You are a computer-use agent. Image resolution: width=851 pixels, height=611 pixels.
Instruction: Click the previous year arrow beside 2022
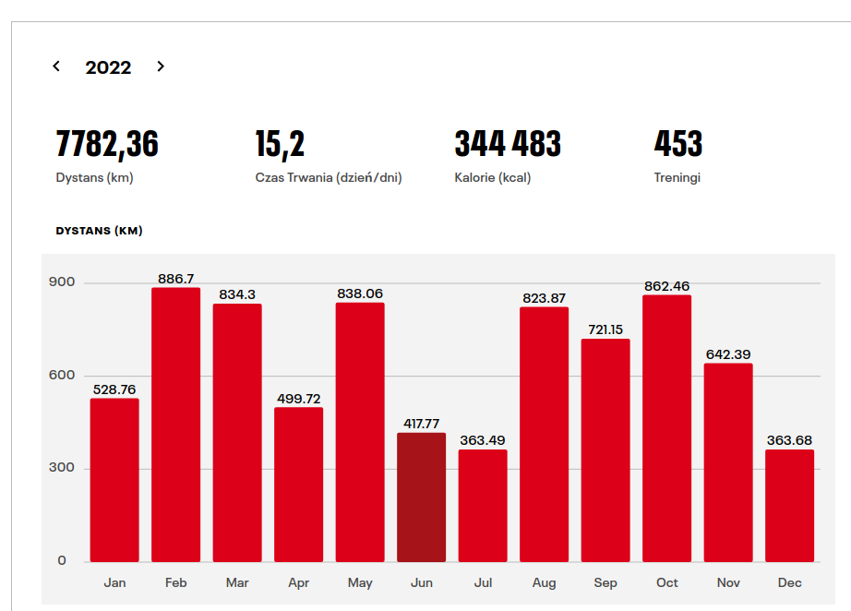point(56,66)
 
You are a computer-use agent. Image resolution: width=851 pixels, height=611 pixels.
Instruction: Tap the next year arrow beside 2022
point(161,66)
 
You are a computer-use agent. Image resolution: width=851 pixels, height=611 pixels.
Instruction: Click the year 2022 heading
point(108,67)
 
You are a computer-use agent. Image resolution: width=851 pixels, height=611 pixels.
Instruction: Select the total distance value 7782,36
point(107,144)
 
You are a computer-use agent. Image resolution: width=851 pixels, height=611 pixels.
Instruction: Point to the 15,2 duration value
point(280,144)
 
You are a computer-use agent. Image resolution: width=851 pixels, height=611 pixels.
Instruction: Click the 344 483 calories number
point(508,144)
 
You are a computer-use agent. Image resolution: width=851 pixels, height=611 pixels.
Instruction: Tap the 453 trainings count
point(678,144)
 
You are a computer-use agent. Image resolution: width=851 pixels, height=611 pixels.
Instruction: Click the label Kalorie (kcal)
point(493,178)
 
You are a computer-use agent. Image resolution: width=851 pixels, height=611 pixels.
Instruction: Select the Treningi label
point(677,178)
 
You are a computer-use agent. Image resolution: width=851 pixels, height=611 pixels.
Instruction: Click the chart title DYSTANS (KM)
point(100,231)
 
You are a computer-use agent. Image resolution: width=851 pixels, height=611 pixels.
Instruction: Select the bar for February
point(175,425)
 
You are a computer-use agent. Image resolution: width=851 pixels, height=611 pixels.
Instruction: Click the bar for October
point(666,428)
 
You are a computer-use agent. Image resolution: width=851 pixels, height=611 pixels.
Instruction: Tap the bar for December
point(789,506)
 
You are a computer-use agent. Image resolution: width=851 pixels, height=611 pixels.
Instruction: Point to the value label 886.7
point(175,278)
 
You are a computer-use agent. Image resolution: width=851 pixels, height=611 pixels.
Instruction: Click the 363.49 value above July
point(483,440)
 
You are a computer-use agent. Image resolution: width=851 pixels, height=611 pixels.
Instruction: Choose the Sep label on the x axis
point(605,583)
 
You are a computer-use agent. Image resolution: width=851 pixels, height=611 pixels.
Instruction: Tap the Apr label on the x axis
point(298,583)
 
